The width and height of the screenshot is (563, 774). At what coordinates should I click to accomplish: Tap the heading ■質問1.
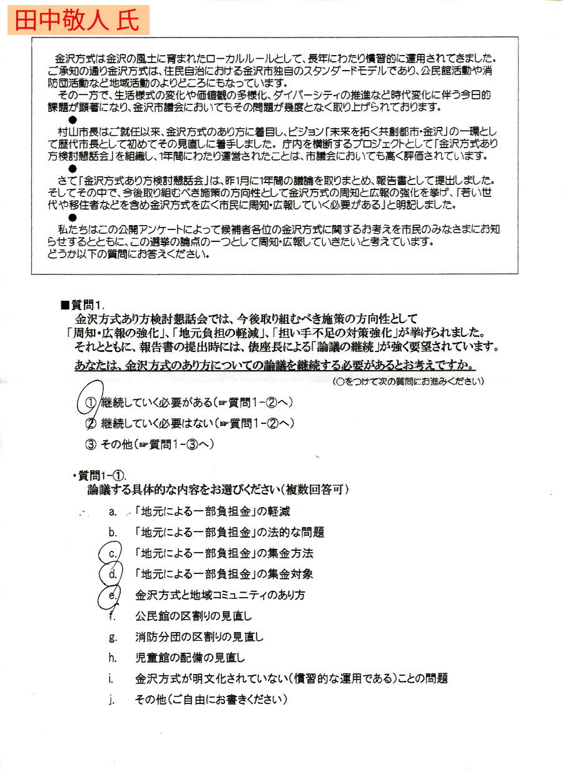[81, 305]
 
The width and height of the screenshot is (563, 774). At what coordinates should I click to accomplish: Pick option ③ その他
[150, 445]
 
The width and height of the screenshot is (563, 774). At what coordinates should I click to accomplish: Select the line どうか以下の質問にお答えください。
[128, 255]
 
